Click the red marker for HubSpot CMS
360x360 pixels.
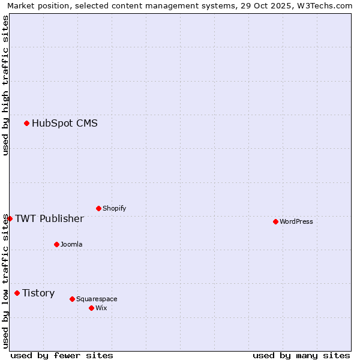point(26,124)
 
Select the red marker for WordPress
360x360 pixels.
point(275,222)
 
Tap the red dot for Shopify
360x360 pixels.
point(98,209)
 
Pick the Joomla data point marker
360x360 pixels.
point(56,245)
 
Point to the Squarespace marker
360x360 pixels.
point(72,299)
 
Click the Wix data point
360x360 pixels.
point(91,308)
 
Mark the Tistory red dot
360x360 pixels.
point(17,293)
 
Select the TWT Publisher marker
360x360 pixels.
point(10,219)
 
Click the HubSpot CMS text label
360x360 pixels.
point(65,124)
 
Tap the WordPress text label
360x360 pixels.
point(296,222)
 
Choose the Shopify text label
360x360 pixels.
point(115,209)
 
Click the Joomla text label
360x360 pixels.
point(71,245)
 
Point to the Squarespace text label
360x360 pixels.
point(97,299)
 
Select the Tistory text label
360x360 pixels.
point(38,293)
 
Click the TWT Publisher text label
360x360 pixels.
point(49,219)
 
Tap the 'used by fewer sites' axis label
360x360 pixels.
point(62,355)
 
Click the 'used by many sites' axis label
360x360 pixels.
point(301,355)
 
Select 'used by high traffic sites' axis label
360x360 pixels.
point(5,85)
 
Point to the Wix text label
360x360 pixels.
point(101,308)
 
